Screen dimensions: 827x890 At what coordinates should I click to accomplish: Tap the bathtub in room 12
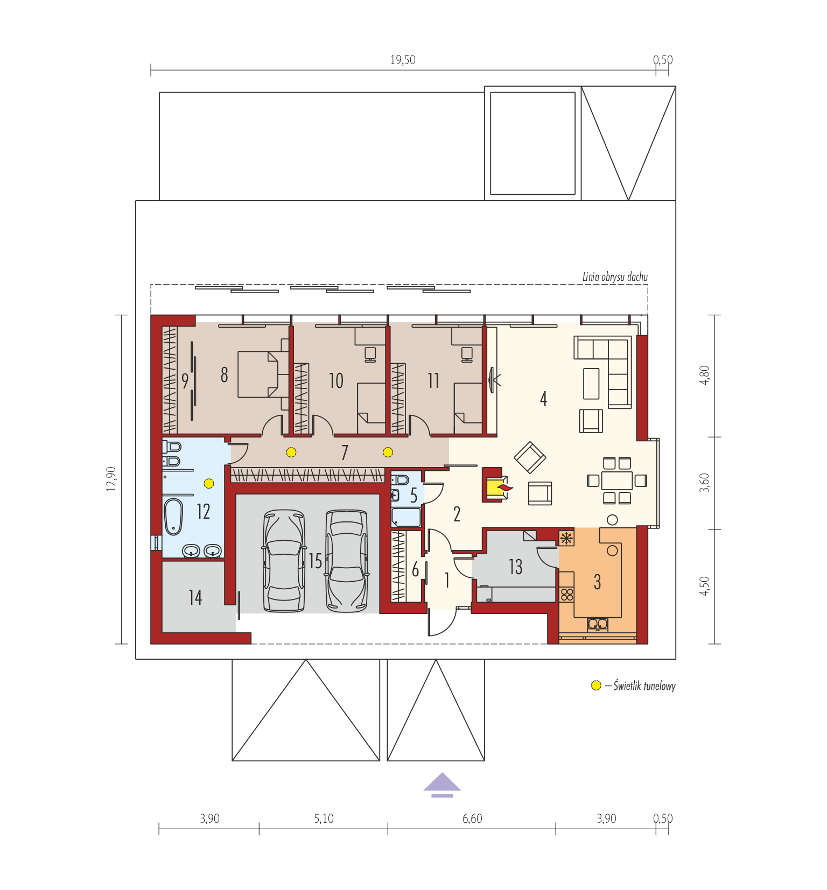point(173,517)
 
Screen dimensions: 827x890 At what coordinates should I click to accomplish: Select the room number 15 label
point(316,561)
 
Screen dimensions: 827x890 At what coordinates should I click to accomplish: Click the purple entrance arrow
point(442,785)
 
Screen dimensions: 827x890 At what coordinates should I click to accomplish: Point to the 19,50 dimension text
point(403,60)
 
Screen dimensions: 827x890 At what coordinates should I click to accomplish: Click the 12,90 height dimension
point(111,479)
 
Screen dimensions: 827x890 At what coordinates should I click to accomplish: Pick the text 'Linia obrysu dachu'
point(615,277)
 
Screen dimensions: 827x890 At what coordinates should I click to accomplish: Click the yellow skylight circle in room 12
point(209,483)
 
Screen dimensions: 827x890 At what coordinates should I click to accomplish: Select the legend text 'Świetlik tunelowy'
point(644,686)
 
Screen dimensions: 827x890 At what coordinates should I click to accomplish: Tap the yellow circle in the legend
point(596,686)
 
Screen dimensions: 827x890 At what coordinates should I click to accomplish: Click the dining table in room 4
point(617,480)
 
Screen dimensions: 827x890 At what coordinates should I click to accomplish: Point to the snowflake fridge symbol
point(566,538)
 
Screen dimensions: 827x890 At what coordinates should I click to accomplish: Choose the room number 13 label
point(515,567)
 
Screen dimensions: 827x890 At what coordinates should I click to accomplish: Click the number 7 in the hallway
point(345,453)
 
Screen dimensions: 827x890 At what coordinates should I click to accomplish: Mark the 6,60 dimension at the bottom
point(472,818)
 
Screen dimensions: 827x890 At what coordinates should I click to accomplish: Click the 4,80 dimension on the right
point(704,375)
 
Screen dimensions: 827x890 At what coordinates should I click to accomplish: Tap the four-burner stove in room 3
point(567,594)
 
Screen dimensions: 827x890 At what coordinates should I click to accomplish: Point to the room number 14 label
point(195,597)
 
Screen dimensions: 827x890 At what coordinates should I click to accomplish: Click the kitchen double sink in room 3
point(598,624)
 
